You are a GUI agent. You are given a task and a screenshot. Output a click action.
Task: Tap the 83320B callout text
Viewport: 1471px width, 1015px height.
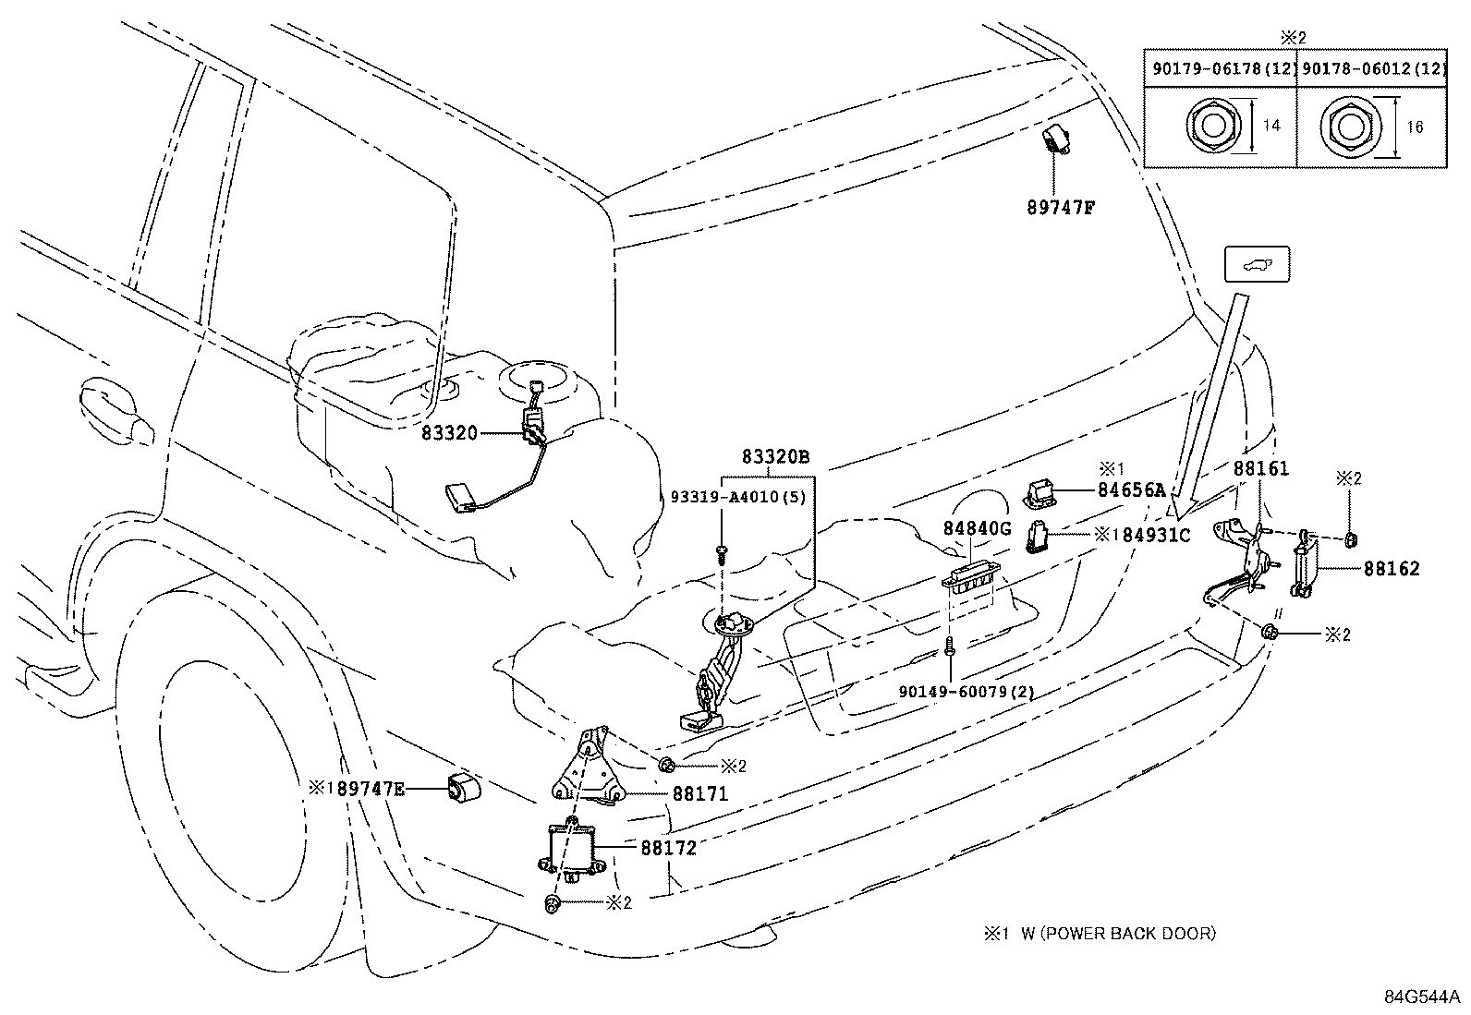775,457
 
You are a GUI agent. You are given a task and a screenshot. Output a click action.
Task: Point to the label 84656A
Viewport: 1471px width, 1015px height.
1131,490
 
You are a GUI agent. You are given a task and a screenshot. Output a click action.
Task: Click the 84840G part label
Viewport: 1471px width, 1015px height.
978,528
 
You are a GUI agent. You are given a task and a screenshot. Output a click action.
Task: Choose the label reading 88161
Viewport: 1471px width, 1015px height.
1261,469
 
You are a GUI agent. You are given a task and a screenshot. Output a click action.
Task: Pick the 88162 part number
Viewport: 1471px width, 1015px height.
1392,570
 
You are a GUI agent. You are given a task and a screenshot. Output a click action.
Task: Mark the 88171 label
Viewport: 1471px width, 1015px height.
699,793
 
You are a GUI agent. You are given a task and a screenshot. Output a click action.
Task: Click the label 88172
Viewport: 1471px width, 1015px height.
668,847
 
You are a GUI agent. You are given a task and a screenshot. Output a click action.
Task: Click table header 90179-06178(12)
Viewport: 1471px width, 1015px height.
1219,68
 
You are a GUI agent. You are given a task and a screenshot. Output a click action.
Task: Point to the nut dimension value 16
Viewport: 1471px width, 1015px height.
1414,127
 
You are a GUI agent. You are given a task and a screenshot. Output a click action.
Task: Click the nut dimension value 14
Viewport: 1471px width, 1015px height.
1271,126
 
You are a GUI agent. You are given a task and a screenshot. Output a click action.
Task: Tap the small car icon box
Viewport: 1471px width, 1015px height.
1256,265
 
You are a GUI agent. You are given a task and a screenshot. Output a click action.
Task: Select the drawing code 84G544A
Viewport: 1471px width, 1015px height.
1421,997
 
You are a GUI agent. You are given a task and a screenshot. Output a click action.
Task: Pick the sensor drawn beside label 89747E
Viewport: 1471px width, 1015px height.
464,788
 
